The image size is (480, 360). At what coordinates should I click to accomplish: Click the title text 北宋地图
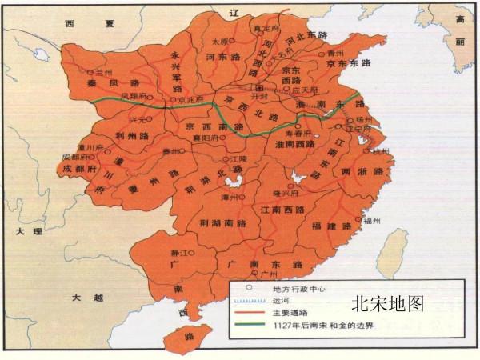pyautogui.click(x=386, y=304)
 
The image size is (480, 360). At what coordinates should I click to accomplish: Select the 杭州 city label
pyautogui.click(x=378, y=150)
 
